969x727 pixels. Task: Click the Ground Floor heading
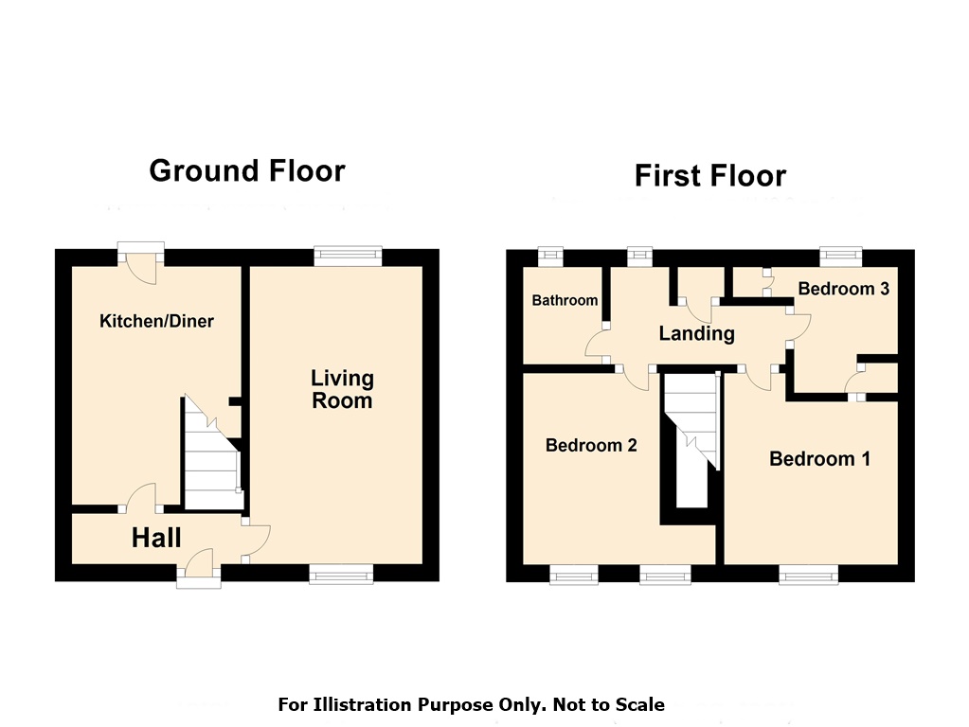[x=247, y=171]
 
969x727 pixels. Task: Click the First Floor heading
[x=710, y=175]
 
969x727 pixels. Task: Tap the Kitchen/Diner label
[x=156, y=321]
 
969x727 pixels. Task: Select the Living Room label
[x=342, y=389]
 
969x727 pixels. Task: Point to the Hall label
[x=156, y=538]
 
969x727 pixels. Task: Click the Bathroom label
[x=565, y=300]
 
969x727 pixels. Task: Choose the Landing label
[x=696, y=333]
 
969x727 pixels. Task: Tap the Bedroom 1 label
[x=820, y=459]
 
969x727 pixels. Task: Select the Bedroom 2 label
[x=591, y=445]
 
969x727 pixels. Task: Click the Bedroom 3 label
[x=844, y=289]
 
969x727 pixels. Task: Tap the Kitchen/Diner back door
[x=141, y=261]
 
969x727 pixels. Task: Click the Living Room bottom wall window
[x=341, y=574]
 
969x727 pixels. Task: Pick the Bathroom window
[x=550, y=257]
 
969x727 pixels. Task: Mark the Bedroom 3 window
[x=841, y=257]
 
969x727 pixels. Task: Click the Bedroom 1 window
[x=809, y=575]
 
